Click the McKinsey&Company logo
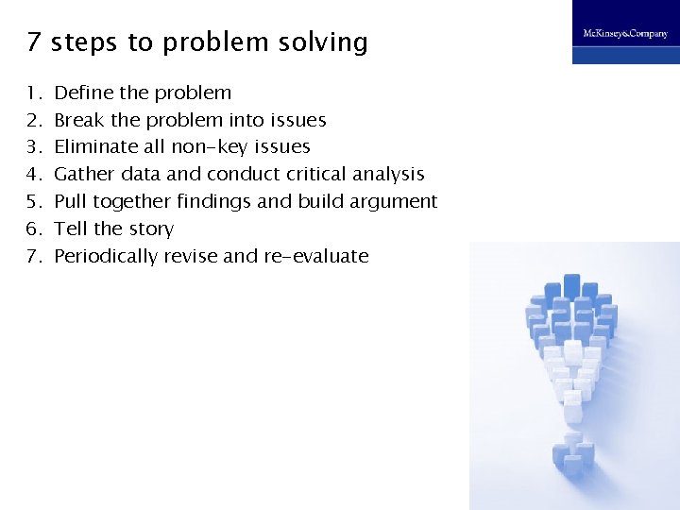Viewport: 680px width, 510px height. (x=625, y=33)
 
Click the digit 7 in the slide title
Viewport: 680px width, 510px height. (x=33, y=42)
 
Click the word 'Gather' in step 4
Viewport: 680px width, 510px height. (x=84, y=174)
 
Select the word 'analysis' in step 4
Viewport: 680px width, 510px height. (x=388, y=175)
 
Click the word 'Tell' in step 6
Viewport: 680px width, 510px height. (x=70, y=229)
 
